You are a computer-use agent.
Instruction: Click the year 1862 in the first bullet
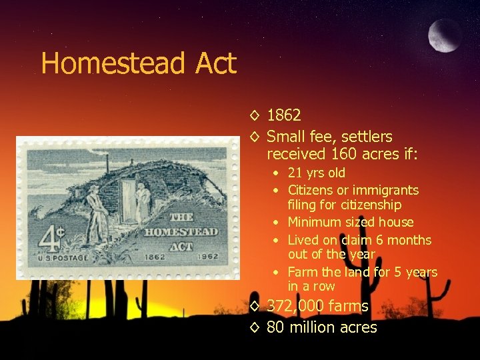(284, 115)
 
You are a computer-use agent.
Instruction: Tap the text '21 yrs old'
(317, 173)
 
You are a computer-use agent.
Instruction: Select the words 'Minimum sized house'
(351, 222)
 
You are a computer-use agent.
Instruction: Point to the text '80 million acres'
(322, 327)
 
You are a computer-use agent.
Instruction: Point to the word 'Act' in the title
(215, 64)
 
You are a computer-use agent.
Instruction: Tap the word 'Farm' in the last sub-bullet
(302, 272)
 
